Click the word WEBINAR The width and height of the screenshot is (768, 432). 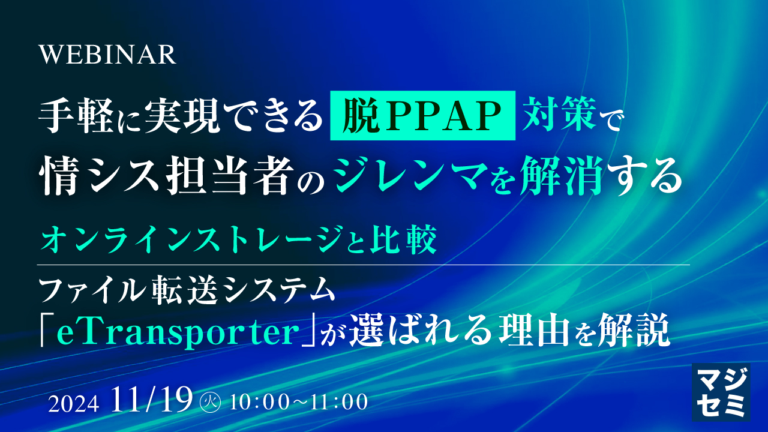point(108,55)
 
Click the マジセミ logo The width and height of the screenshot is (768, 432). point(721,391)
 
